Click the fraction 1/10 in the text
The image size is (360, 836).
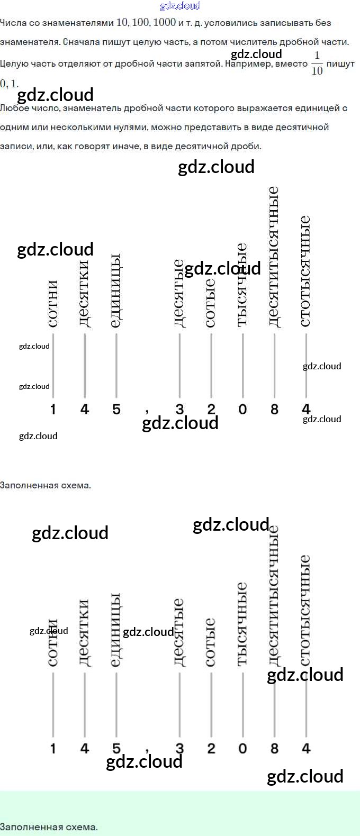tap(317, 63)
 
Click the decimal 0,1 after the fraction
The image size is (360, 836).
tap(9, 84)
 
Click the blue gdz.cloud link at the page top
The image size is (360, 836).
tap(180, 6)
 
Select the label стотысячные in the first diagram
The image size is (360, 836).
tap(305, 271)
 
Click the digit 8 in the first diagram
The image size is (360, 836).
tap(274, 409)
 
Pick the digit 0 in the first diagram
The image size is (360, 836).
tap(242, 409)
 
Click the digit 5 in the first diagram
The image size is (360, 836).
tap(116, 409)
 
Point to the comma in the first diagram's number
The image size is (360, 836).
tap(147, 411)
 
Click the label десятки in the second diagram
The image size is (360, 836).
tap(84, 632)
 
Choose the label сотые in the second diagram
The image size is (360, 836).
tap(211, 642)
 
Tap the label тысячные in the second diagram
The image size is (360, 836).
tap(242, 624)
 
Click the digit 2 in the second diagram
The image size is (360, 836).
tap(211, 748)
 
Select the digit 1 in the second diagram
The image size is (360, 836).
tap(53, 748)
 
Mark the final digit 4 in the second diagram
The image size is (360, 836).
tap(306, 748)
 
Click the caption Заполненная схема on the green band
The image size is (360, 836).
tap(49, 826)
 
